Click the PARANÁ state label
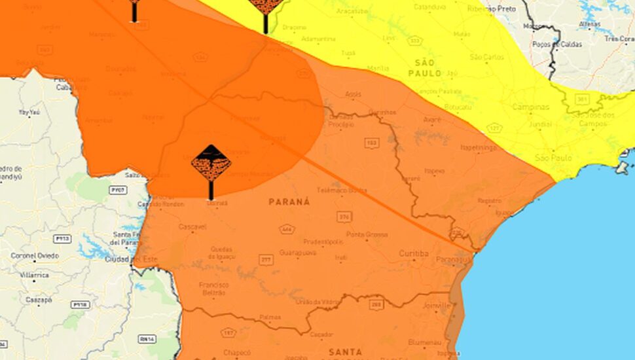289,202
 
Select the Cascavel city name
192,226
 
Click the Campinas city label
530,107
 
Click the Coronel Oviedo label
30,255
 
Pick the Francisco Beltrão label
213,289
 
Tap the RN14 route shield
148,339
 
